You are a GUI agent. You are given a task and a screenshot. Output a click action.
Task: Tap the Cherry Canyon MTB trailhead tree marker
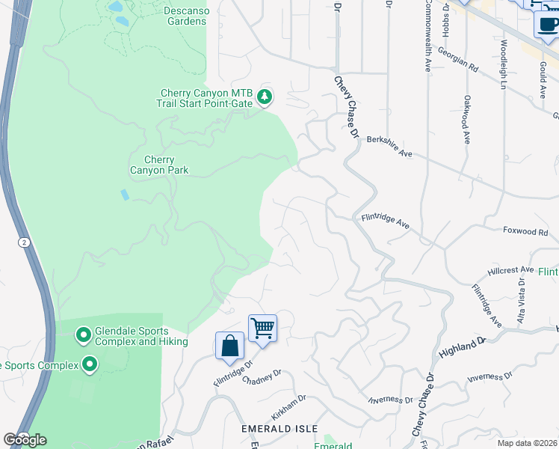pyautogui.click(x=265, y=97)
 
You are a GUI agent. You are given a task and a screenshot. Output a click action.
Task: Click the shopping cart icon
pyautogui.click(x=262, y=328)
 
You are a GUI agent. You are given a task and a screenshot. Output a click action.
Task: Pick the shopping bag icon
pyautogui.click(x=230, y=346)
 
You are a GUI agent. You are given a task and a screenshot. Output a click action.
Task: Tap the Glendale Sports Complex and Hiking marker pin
pyautogui.click(x=84, y=334)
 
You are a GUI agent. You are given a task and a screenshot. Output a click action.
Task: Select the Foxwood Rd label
pyautogui.click(x=525, y=232)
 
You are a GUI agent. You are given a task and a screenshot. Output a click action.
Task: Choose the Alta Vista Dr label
pyautogui.click(x=522, y=307)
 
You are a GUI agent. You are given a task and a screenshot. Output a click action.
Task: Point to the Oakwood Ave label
pyautogui.click(x=466, y=119)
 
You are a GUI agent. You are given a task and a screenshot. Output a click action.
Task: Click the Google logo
pyautogui.click(x=25, y=439)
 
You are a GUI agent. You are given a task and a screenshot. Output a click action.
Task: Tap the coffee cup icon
pyautogui.click(x=548, y=24)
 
